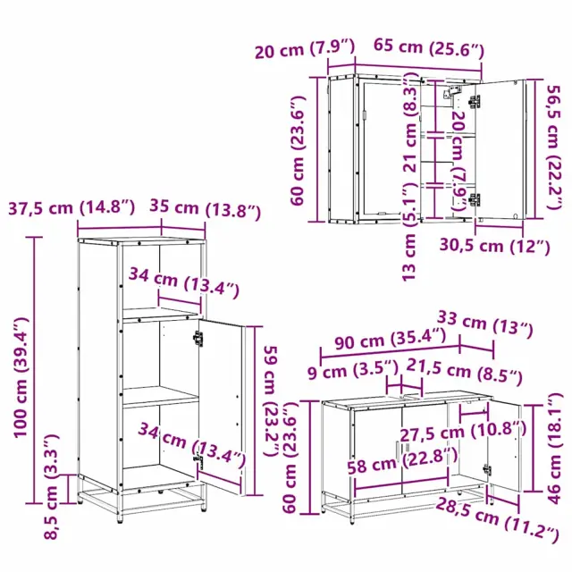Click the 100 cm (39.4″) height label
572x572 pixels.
pyautogui.click(x=21, y=377)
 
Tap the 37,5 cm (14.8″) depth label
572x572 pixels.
pyautogui.click(x=71, y=208)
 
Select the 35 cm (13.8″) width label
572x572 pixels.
pyautogui.click(x=206, y=209)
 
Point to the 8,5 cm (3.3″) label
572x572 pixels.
pyautogui.click(x=51, y=487)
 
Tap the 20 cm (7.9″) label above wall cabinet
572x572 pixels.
pyautogui.click(x=305, y=49)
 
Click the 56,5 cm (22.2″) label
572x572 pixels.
pyautogui.click(x=555, y=147)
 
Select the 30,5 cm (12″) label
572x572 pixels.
pyautogui.click(x=494, y=247)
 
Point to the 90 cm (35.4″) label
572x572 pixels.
pyautogui.click(x=391, y=339)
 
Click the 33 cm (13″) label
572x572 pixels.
pyautogui.click(x=485, y=324)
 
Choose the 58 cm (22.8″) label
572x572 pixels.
pyautogui.click(x=402, y=461)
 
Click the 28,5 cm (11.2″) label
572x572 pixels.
pyautogui.click(x=497, y=519)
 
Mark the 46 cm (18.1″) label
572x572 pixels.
pyautogui.click(x=555, y=449)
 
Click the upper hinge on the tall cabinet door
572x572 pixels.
pyautogui.click(x=198, y=338)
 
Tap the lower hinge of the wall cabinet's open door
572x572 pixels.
pyautogui.click(x=475, y=199)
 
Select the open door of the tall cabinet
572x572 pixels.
pyautogui.click(x=222, y=406)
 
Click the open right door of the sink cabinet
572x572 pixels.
pyautogui.click(x=504, y=445)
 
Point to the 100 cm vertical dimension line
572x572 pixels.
pyautogui.click(x=35, y=370)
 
